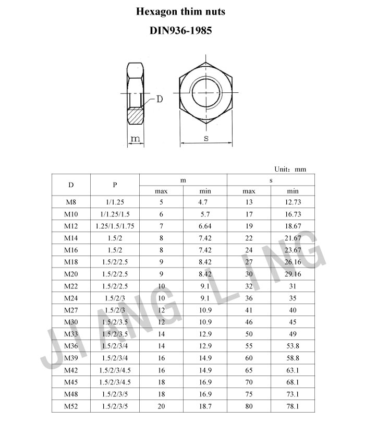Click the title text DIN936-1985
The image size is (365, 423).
click(x=180, y=30)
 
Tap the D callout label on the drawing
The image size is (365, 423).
click(x=160, y=99)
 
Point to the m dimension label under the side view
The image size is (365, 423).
click(x=135, y=139)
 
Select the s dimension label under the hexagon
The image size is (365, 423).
click(x=206, y=138)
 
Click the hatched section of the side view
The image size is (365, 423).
click(x=135, y=116)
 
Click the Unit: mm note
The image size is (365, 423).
click(x=290, y=169)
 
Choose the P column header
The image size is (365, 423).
click(x=115, y=185)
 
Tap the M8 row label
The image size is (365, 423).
click(x=71, y=202)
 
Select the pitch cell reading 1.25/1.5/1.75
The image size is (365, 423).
click(x=115, y=226)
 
